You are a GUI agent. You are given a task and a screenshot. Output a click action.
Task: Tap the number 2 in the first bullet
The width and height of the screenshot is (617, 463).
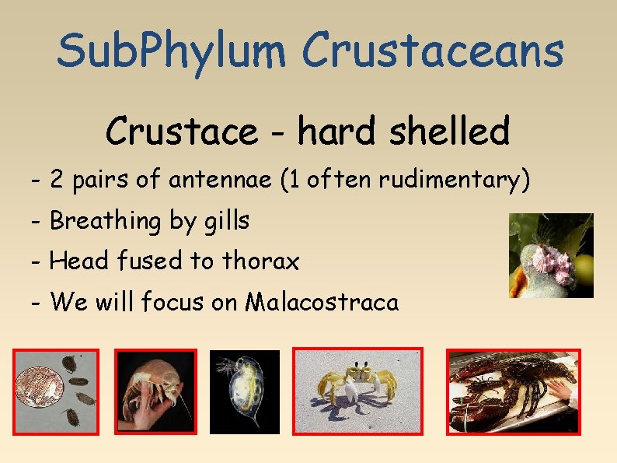click(x=57, y=181)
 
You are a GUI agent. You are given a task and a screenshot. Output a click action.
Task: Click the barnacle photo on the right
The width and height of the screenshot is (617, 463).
click(x=551, y=255)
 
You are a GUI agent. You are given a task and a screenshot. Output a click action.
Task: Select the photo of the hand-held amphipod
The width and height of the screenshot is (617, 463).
click(x=155, y=391)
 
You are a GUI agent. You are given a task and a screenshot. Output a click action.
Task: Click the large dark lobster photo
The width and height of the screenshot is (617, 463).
click(x=513, y=391)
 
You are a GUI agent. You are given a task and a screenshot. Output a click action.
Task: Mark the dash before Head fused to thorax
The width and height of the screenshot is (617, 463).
click(x=37, y=261)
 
